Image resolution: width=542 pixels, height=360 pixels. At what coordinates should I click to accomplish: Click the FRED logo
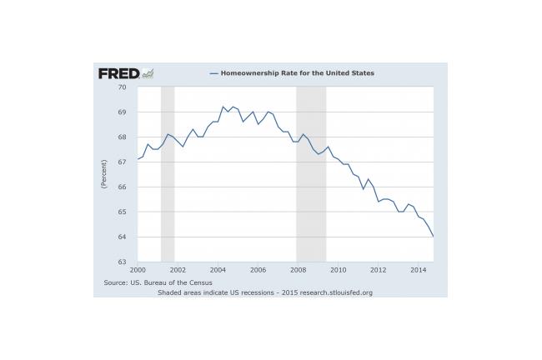click(126, 73)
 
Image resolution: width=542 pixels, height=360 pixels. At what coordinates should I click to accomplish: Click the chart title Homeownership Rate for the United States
click(298, 73)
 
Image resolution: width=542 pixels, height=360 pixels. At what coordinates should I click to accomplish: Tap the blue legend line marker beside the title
click(214, 73)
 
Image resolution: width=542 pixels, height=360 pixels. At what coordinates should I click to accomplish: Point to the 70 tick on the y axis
click(122, 87)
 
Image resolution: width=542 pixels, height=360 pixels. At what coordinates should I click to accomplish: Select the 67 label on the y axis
click(122, 162)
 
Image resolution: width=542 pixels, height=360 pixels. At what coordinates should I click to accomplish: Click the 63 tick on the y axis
click(122, 262)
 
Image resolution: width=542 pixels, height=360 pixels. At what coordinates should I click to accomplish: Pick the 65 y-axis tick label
click(122, 212)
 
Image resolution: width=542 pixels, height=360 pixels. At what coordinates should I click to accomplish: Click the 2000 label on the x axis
click(138, 270)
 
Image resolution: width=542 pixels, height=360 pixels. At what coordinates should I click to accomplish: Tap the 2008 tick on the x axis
click(298, 270)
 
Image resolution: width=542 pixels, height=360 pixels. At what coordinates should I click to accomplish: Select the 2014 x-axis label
click(419, 270)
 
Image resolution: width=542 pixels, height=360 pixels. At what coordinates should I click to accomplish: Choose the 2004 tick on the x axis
click(218, 270)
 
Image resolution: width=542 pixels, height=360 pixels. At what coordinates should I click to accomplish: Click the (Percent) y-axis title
click(103, 174)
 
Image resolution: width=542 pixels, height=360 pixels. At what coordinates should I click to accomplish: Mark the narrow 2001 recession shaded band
click(168, 174)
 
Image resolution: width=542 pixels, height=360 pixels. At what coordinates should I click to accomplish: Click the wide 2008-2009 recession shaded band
click(311, 174)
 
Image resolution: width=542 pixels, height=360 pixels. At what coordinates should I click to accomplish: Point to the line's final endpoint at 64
click(434, 237)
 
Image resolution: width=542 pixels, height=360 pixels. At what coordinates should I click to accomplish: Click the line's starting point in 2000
click(138, 159)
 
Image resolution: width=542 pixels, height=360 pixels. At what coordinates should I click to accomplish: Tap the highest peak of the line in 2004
click(223, 107)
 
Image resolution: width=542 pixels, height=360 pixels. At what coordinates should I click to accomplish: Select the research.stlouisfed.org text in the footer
click(336, 292)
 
